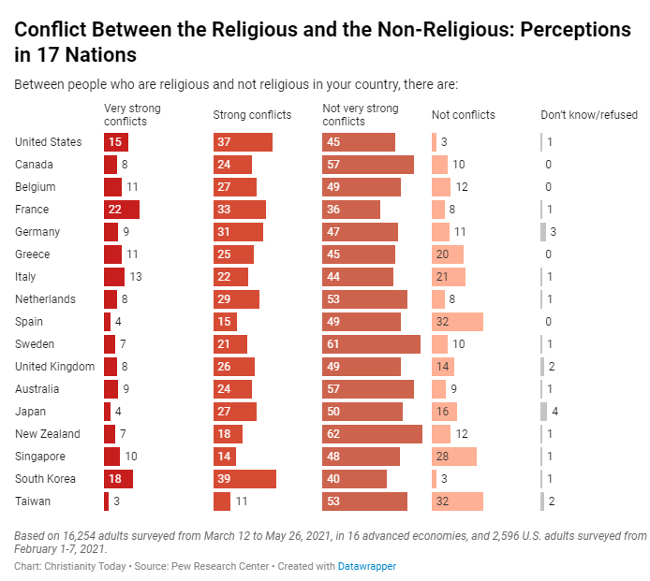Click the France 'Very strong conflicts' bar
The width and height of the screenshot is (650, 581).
122,210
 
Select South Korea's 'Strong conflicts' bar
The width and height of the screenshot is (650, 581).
244,479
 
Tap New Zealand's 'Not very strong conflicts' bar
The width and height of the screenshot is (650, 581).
372,434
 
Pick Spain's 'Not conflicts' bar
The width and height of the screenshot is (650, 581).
457,322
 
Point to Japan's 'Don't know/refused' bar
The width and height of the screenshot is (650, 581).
543,412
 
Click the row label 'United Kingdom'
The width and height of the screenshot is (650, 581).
55,367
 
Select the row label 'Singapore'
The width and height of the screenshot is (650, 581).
40,457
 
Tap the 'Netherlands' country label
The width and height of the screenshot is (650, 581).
46,299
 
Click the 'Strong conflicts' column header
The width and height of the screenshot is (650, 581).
252,115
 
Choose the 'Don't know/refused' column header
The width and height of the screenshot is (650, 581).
590,115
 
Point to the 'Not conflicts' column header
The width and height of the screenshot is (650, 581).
464,115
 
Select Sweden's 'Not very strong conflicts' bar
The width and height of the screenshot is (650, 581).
371,344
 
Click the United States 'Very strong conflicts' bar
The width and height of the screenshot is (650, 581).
116,142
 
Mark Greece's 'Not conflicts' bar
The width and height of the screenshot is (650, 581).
448,254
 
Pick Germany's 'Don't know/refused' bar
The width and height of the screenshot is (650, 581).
543,232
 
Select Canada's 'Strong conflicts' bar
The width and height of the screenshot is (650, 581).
232,165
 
